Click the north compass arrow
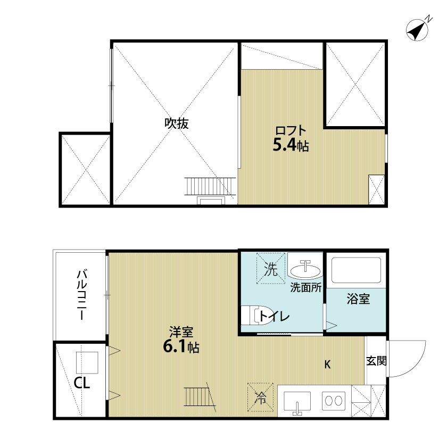(x=419, y=30)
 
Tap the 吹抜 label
(x=176, y=123)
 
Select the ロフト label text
(x=290, y=130)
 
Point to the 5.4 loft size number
(x=285, y=145)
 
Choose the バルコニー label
(x=82, y=294)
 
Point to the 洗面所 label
(x=305, y=288)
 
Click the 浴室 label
(x=356, y=299)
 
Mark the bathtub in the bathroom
(x=356, y=271)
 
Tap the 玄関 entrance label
(x=376, y=361)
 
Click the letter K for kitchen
(x=328, y=365)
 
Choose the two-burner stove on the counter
(x=335, y=400)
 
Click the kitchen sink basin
(x=298, y=400)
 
